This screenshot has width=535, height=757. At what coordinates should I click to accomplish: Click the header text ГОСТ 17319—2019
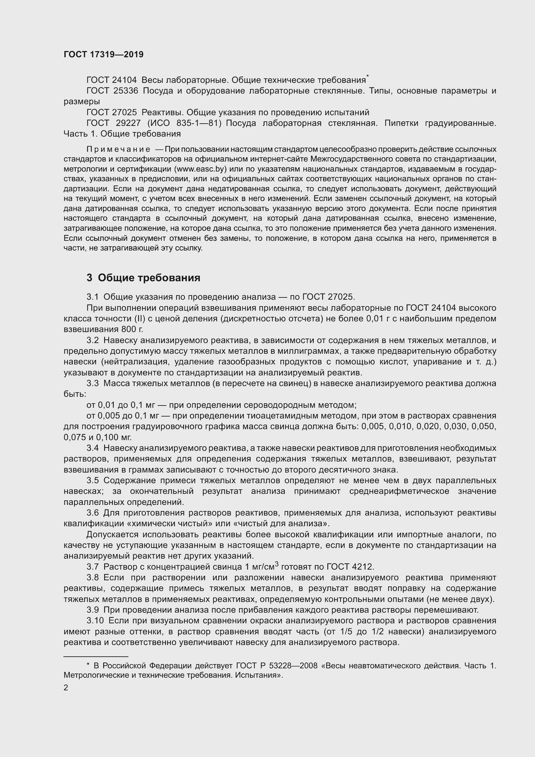104,55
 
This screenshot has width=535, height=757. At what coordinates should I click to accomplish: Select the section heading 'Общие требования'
149,278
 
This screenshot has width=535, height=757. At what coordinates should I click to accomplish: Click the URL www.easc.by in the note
202,169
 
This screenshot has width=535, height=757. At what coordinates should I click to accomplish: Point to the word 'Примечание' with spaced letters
118,149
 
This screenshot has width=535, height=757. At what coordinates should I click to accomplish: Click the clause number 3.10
95,620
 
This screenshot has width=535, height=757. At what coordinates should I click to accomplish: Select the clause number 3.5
93,480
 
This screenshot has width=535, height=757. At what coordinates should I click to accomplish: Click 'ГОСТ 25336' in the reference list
112,91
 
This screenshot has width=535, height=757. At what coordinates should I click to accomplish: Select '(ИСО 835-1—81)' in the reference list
184,123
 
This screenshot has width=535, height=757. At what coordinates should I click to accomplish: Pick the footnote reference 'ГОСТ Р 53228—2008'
277,666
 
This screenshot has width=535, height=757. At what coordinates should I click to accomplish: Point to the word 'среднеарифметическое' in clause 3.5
399,491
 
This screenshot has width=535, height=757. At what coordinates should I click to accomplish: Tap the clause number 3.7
93,567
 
